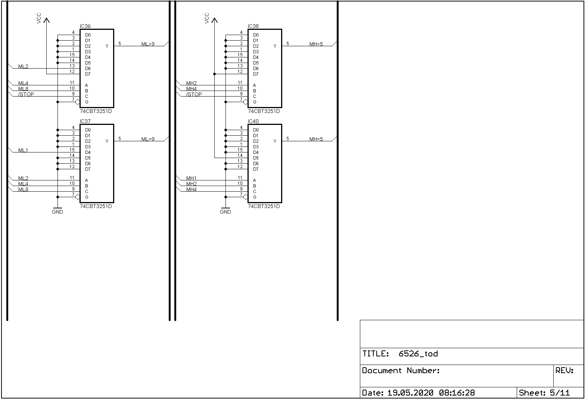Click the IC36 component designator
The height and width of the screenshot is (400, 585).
point(85,26)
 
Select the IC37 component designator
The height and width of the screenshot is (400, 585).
point(85,122)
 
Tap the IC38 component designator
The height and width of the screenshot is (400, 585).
point(253,26)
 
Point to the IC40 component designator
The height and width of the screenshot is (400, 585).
point(253,122)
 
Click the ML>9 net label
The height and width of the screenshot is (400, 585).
point(148,44)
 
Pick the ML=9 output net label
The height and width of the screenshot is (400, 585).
point(148,139)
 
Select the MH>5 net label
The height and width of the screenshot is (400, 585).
point(316,44)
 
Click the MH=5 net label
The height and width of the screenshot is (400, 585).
point(316,139)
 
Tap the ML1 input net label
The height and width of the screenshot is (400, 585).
point(23,150)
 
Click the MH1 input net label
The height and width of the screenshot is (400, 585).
point(191,178)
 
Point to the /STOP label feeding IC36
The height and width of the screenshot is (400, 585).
point(26,94)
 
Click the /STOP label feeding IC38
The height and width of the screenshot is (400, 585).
point(194,94)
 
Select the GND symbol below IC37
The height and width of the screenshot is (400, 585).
point(57,211)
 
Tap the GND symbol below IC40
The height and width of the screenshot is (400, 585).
point(225,211)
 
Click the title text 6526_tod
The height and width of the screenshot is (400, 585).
point(418,354)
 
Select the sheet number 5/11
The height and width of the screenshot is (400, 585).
point(560,393)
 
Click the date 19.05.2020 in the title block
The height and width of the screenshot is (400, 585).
point(410,393)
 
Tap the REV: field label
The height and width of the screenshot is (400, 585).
point(564,371)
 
